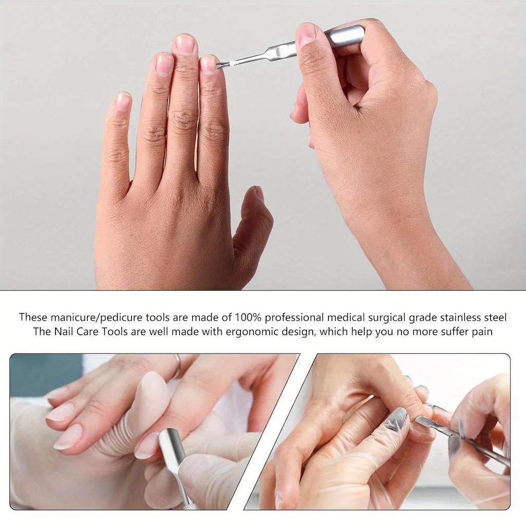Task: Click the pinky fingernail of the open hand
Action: [x=123, y=101]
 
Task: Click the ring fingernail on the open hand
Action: [x=164, y=64]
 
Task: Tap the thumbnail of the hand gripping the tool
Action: [x=306, y=35]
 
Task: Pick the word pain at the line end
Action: [x=482, y=331]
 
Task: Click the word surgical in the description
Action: [x=382, y=317]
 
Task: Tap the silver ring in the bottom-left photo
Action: [x=177, y=366]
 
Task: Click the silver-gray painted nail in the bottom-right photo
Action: [x=396, y=420]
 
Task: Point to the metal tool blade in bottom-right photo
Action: [x=431, y=424]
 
